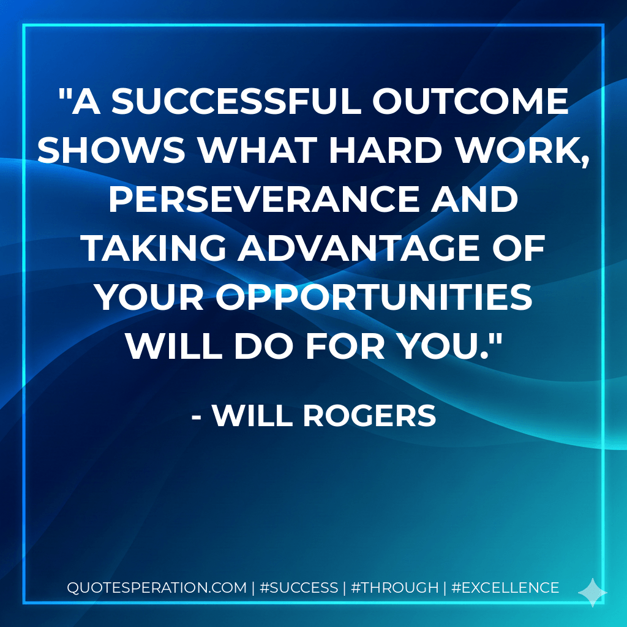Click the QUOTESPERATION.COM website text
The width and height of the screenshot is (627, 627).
coord(156,588)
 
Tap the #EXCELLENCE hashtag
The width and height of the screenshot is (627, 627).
coord(505,588)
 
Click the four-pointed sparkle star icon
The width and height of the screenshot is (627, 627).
coord(592,592)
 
